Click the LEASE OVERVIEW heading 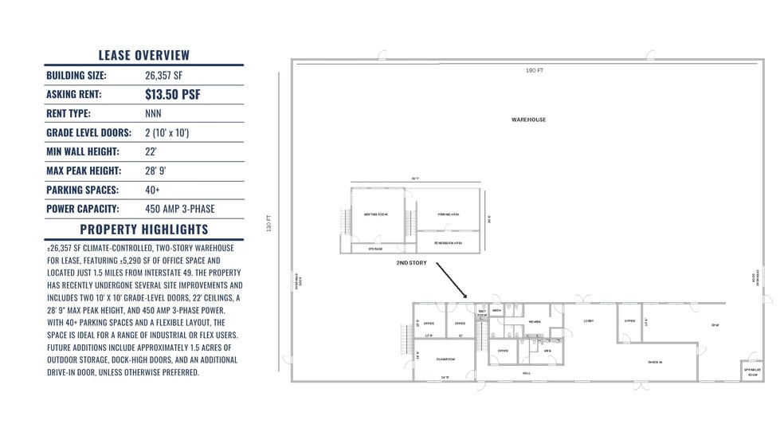click(144, 55)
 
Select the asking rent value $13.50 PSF click(172, 95)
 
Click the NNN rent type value click(153, 114)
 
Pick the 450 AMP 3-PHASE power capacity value click(179, 209)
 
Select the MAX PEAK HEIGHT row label click(84, 171)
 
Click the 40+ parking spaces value click(152, 190)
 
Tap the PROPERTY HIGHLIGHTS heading click(144, 230)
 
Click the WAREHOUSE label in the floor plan click(528, 120)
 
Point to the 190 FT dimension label click(535, 71)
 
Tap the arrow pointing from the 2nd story click(453, 281)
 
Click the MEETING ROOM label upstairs click(374, 214)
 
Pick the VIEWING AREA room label click(448, 214)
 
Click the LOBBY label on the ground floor click(588, 321)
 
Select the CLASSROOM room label click(445, 359)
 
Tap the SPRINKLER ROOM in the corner click(751, 372)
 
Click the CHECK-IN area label click(655, 361)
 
